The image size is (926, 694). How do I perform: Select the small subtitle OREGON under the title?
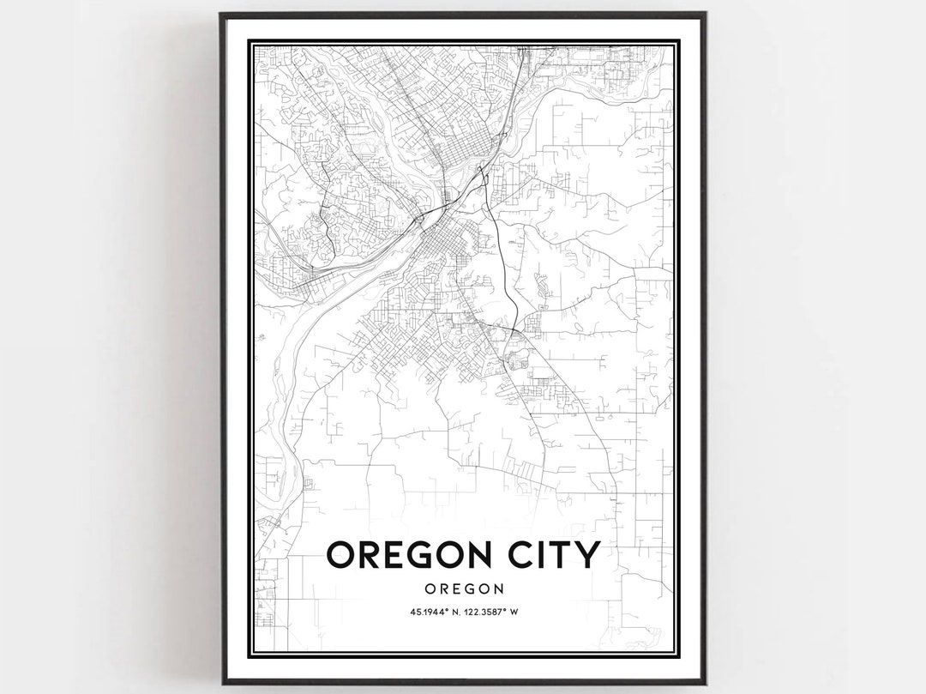tap(463, 588)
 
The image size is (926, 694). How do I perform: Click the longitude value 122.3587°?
tap(481, 612)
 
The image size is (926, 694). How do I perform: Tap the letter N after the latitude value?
tap(441, 612)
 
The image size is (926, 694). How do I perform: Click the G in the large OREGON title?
tap(424, 554)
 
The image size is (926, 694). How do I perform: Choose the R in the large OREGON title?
tap(369, 554)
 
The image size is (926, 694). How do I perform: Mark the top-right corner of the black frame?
tap(705, 14)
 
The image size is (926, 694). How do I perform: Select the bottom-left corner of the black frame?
tap(223, 683)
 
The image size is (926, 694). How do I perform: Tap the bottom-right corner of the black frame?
tap(706, 683)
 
